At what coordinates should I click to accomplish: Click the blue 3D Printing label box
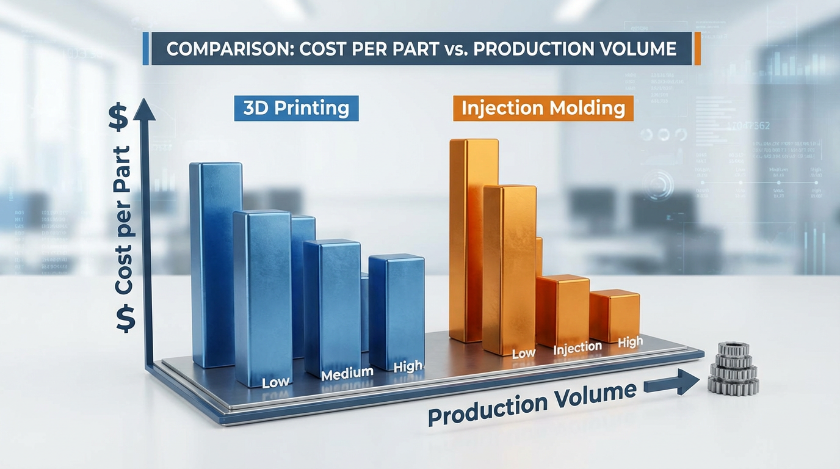296,108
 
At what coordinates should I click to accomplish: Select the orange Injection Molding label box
543,108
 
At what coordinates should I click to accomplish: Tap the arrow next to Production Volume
671,384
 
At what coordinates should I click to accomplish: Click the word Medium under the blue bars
347,373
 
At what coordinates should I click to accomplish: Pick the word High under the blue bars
408,366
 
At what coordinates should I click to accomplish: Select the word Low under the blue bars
276,383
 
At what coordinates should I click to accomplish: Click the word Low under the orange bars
523,353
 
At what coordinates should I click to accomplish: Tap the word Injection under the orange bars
577,348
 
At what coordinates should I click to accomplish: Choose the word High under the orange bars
630,342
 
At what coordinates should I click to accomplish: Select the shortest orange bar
615,316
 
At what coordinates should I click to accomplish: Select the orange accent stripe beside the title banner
697,49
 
